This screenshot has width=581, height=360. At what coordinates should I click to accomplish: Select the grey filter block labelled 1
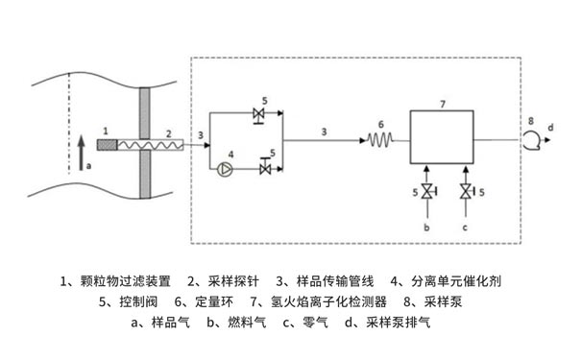point(109,145)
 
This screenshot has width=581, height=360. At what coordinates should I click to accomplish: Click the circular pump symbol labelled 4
point(224,169)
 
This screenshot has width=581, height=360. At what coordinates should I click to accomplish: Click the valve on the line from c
point(466,193)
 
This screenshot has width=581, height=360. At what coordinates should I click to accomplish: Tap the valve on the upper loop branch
point(257,115)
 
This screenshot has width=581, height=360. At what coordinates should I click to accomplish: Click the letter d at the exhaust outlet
point(550,126)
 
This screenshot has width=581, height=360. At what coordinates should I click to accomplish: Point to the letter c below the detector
point(466,228)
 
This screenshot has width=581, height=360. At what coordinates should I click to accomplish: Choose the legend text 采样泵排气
point(399,323)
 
